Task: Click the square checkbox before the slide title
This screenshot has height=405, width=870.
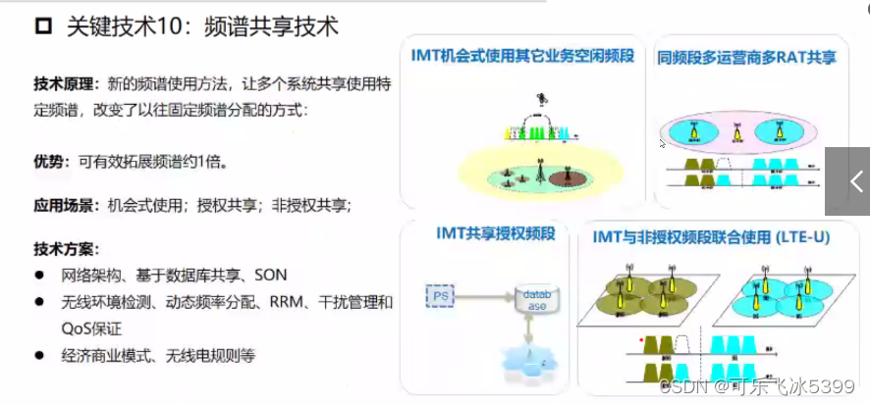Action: (x=42, y=27)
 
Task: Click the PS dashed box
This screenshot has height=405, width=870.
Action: (x=441, y=293)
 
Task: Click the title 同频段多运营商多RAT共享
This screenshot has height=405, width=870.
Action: (x=746, y=58)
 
